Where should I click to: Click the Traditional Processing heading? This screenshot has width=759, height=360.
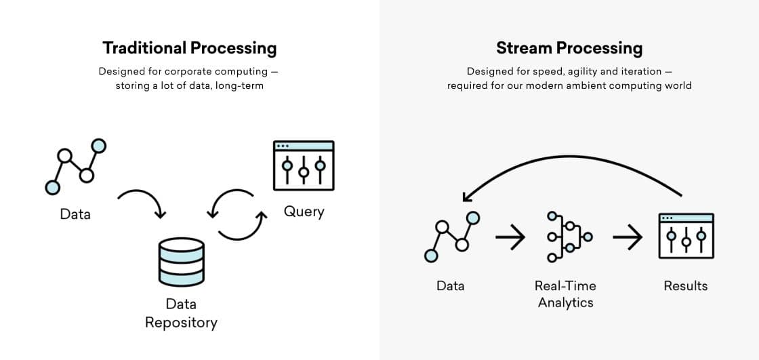tap(190, 48)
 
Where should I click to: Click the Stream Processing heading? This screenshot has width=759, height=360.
tap(569, 48)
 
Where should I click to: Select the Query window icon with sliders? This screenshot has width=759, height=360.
tap(304, 165)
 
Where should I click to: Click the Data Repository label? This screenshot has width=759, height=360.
tap(181, 313)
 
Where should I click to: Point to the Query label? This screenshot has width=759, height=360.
tap(304, 212)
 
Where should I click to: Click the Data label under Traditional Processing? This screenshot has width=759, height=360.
tap(75, 214)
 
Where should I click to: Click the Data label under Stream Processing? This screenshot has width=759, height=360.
tap(451, 285)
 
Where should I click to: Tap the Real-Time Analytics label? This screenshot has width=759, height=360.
tap(565, 294)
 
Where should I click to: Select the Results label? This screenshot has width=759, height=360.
tap(686, 285)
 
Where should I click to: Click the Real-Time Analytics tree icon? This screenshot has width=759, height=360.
tap(568, 237)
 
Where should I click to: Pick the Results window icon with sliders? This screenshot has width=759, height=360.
tap(686, 236)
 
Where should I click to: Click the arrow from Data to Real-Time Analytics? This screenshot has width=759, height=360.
tap(510, 237)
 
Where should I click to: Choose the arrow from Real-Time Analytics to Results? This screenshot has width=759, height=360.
tap(627, 237)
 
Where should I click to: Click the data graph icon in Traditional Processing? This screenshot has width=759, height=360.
tap(75, 165)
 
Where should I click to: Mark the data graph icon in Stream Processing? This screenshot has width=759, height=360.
tap(451, 237)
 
